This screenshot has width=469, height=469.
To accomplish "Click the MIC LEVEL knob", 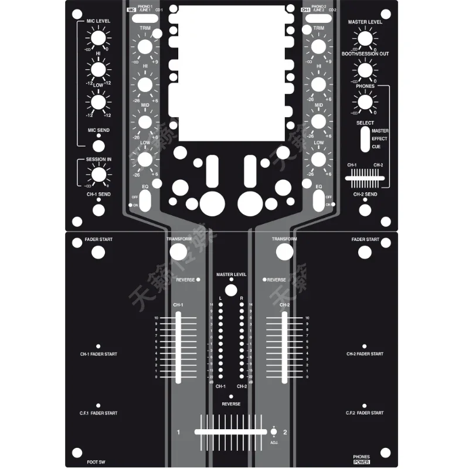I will pos(98,39).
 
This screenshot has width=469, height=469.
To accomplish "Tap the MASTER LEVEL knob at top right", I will pos(365,39).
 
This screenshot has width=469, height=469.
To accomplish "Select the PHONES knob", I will pos(365,102).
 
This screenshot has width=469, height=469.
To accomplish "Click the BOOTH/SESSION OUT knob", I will pos(365,70).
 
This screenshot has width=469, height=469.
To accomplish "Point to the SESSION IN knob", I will pos(98,174).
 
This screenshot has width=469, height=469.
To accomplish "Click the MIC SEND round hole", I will pos(98,145).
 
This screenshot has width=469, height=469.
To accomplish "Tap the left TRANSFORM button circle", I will pos(178,252).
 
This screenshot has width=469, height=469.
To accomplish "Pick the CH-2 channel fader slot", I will pos(284,347).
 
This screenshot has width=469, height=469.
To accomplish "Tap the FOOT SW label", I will pos(96,462).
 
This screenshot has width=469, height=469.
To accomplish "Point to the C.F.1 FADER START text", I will pos(98,413).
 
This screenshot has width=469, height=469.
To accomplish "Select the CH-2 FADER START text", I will pos(365,354).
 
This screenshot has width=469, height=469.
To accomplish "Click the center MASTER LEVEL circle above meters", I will pos(231,290).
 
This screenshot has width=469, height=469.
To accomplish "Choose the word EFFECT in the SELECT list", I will pos(379,138).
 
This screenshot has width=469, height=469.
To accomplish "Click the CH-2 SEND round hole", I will pos(365,208).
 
